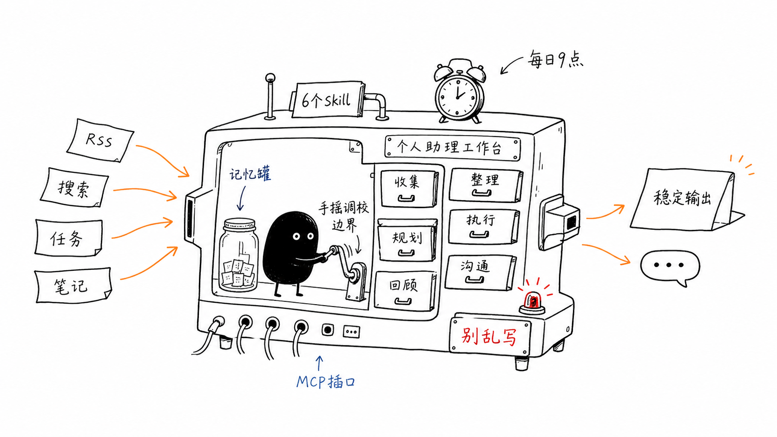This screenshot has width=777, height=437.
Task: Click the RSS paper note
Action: click(x=100, y=140)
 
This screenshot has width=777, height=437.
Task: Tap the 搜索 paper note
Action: click(x=74, y=188)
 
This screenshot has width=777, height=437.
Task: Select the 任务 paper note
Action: click(x=68, y=238)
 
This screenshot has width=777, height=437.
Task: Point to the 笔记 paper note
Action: click(x=73, y=285)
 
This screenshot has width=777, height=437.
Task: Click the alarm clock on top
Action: click(x=460, y=91)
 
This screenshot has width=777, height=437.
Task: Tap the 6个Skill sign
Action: click(x=327, y=100)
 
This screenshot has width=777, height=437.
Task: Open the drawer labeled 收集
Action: click(x=408, y=189)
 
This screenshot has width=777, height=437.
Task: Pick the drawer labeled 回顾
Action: click(x=404, y=291)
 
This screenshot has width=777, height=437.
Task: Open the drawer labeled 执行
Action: click(x=483, y=227)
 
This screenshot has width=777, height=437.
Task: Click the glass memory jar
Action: click(x=239, y=254)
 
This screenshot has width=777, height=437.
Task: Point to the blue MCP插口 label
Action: click(x=325, y=382)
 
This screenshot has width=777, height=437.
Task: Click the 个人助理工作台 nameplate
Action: click(x=453, y=148)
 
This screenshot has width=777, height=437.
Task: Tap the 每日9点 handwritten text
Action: click(x=555, y=59)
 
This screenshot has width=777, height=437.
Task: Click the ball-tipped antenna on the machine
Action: click(x=270, y=97)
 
